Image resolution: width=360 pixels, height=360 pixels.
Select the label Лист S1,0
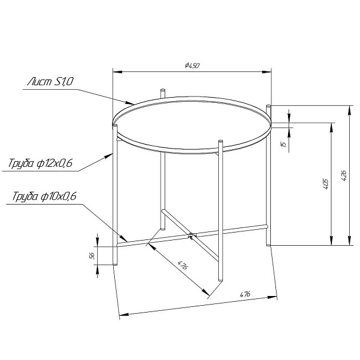pyautogui.click(x=50, y=82)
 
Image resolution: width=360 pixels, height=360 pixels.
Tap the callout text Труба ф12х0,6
pyautogui.click(x=41, y=164)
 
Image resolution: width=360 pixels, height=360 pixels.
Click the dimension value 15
pyautogui.click(x=283, y=145)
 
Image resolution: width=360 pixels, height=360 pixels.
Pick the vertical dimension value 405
pyautogui.click(x=325, y=184)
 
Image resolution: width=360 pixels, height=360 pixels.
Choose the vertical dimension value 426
pyautogui.click(x=343, y=176)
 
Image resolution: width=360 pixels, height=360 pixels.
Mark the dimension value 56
pyautogui.click(x=92, y=255)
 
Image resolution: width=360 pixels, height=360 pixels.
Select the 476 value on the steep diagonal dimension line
pyautogui.click(x=183, y=266)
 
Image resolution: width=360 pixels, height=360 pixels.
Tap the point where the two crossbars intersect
pyautogui.click(x=191, y=234)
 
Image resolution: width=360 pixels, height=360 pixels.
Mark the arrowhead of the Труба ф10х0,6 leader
pyautogui.click(x=127, y=241)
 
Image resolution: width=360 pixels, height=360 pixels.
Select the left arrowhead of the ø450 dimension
pyautogui.click(x=113, y=72)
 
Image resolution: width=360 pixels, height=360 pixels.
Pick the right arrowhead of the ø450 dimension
pyautogui.click(x=269, y=72)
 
